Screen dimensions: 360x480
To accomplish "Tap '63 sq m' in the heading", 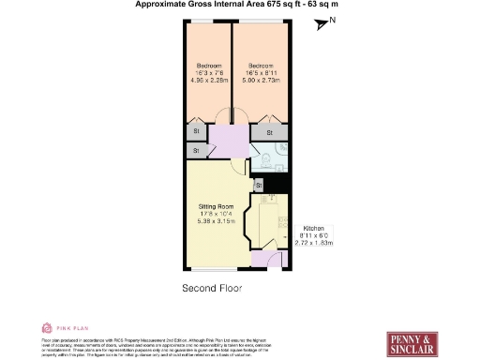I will click(319, 5).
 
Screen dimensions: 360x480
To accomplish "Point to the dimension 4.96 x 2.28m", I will click(207, 80).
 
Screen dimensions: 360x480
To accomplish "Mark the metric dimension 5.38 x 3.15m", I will click(215, 220).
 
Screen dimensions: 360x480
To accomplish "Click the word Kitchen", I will click(312, 228).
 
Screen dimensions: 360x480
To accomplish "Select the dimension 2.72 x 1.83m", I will click(314, 243).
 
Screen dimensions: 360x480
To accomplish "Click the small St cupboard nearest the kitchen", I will click(257, 185).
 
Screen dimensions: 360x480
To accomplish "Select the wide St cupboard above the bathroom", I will click(269, 133).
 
